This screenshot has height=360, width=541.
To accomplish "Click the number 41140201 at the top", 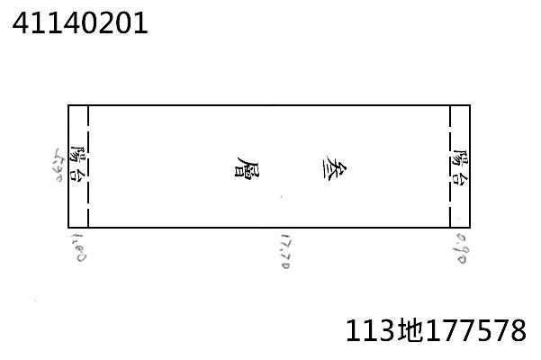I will click(x=79, y=23).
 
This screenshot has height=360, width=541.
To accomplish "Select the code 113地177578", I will click(x=436, y=330).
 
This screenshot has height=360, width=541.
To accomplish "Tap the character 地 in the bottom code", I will click(x=406, y=330).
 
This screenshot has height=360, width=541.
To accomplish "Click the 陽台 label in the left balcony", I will click(x=78, y=166).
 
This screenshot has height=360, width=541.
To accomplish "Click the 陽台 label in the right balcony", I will click(x=460, y=166).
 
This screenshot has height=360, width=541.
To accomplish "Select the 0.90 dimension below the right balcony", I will click(x=460, y=247).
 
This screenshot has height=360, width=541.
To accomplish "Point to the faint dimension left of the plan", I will click(x=60, y=166).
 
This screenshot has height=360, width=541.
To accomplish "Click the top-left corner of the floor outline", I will click(x=68, y=105).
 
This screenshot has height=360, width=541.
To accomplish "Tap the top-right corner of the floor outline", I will click(x=470, y=105).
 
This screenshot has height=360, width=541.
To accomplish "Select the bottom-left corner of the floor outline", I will click(x=68, y=228).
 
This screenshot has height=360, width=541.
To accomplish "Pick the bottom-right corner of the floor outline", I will click(x=470, y=228).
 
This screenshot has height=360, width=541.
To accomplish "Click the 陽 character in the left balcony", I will click(x=78, y=157).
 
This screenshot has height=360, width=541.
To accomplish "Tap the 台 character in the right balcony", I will click(x=460, y=177).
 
